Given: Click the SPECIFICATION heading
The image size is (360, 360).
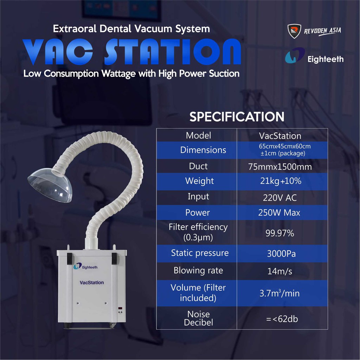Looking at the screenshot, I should [237, 117].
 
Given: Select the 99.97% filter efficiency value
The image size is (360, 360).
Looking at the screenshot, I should [280, 233].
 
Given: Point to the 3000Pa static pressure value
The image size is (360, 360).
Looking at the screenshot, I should [281, 254].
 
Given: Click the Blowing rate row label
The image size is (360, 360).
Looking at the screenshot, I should [198, 271].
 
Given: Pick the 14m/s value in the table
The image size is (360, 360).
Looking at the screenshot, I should [280, 271].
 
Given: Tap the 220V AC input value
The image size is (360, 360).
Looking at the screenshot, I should [280, 198].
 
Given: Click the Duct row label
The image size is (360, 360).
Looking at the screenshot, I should [198, 166].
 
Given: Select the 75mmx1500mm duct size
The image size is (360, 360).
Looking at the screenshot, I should [280, 167].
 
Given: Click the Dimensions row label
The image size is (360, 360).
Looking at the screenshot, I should [203, 150].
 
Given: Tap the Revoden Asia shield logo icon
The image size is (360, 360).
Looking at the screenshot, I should [294, 31].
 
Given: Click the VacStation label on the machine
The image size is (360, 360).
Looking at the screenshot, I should [92, 282].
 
